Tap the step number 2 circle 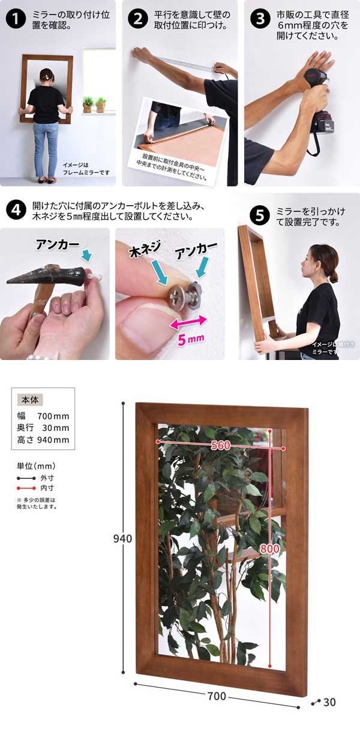tap(137, 19)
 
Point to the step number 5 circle tap(259, 214)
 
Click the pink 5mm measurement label tap(192, 340)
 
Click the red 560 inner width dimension tap(220, 445)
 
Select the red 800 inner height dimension tap(269, 548)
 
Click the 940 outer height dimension tap(122, 539)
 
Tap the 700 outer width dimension tap(217, 696)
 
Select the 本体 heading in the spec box tap(29, 400)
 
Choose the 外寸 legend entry tap(47, 478)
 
